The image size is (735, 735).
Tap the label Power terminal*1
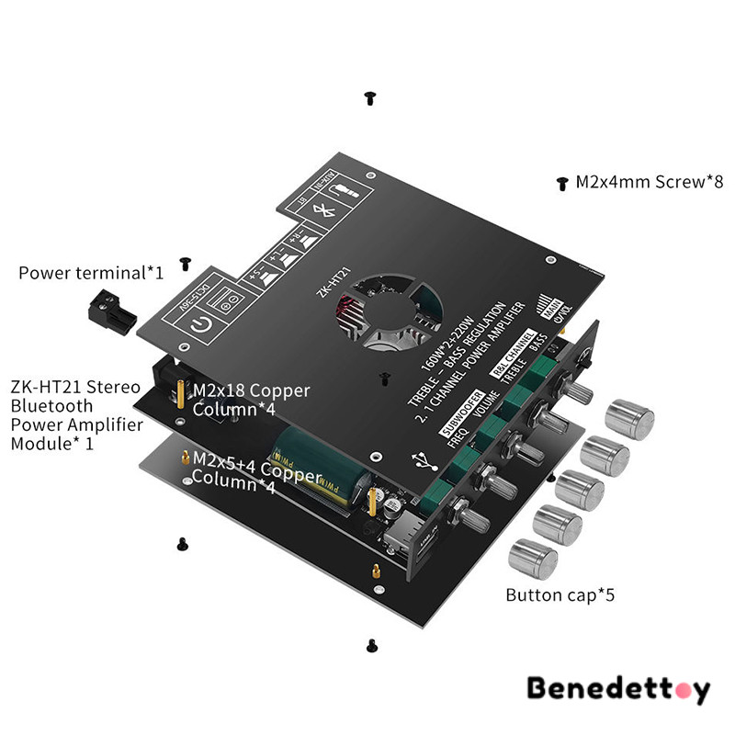[x=91, y=273]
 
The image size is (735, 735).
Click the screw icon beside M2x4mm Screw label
[x=561, y=184]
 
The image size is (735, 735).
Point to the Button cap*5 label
[x=560, y=595]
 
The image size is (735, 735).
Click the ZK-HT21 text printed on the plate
[x=334, y=280]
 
